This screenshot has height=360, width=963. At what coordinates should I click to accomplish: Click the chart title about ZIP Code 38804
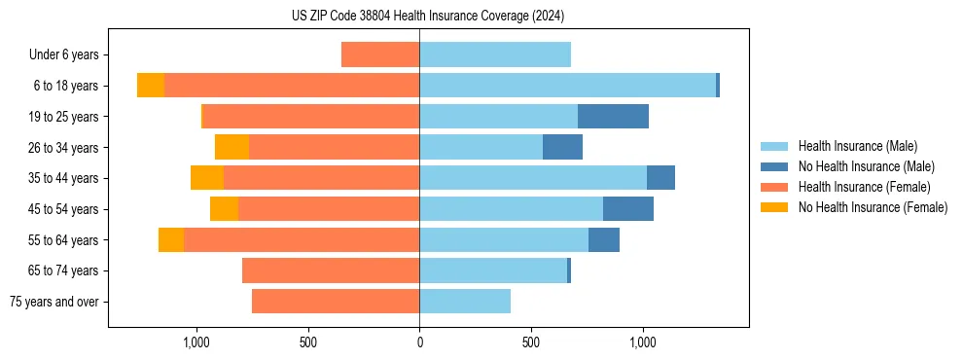tap(427, 16)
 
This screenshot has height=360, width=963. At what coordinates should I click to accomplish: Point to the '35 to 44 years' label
tap(65, 178)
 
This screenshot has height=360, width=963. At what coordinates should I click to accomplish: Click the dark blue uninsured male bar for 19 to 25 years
tap(613, 117)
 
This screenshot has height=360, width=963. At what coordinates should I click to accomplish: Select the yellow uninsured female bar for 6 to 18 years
tap(151, 86)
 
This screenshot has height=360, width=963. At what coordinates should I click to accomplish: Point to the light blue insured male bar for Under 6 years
tap(494, 54)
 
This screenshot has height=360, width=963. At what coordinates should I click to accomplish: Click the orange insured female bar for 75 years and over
tap(336, 302)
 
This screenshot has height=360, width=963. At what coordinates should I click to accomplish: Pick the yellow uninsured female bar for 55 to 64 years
tap(171, 239)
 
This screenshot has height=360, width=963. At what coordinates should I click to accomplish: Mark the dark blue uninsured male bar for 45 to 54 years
tap(628, 209)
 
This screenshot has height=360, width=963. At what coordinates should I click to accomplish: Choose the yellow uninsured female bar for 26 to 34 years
tap(232, 147)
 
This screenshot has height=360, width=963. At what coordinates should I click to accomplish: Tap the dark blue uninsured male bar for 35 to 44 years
tap(660, 178)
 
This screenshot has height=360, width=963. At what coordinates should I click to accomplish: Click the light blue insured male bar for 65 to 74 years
tap(493, 270)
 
